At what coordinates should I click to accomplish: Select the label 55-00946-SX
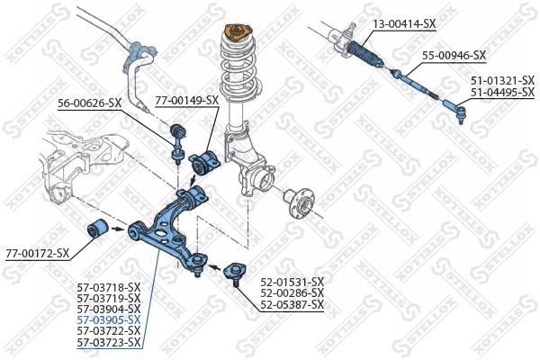click(454, 55)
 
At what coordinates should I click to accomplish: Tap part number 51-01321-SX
click(502, 80)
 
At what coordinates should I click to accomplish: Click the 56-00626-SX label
click(89, 103)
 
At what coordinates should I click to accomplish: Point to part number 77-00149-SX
click(186, 100)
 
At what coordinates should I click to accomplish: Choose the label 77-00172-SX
click(37, 253)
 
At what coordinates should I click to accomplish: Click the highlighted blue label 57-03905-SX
click(109, 319)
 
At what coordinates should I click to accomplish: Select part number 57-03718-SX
click(109, 287)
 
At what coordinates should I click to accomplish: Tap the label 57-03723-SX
click(109, 341)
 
